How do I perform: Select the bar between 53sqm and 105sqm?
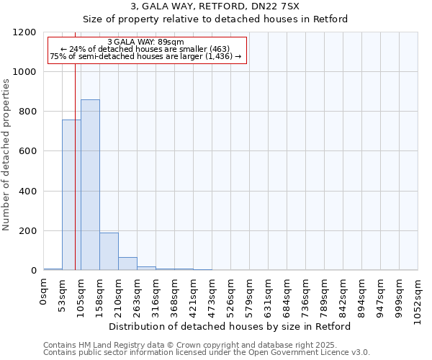point(71,194)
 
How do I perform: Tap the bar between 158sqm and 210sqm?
point(109,251)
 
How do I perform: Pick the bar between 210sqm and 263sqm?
point(127,264)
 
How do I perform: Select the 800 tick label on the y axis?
point(28,112)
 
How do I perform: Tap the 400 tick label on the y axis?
point(28,192)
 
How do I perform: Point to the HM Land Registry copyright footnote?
point(194,345)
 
